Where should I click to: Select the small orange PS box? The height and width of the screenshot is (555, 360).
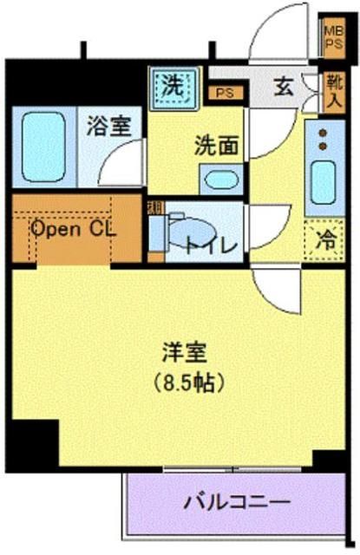[x=225, y=91]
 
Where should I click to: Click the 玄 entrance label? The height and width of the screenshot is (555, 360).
[x=284, y=87]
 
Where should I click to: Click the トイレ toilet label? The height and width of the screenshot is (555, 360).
[x=211, y=245]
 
